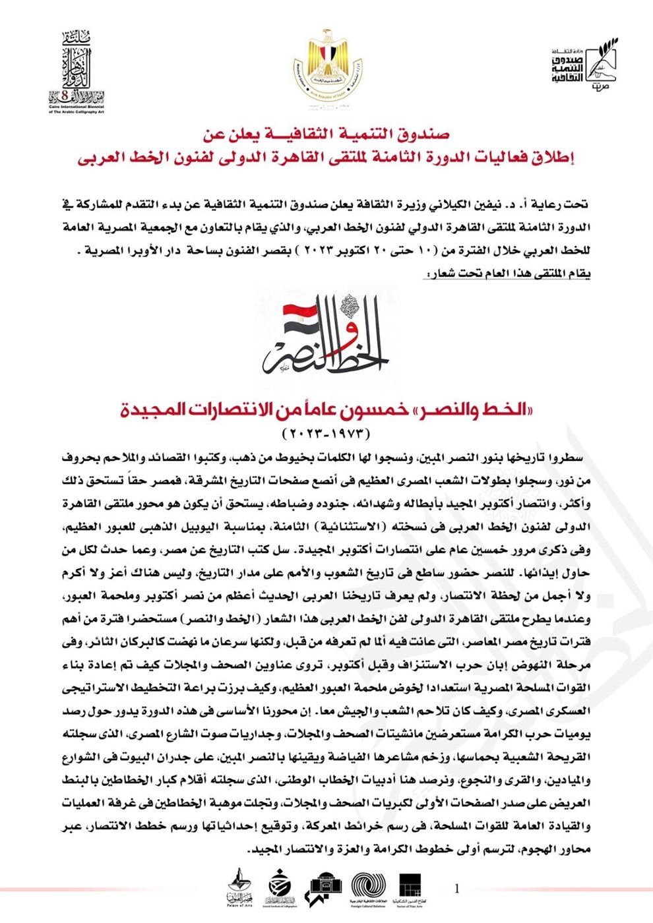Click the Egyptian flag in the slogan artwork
(299, 321)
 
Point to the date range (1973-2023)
(326, 434)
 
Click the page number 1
(457, 889)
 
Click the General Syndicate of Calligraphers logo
(280, 887)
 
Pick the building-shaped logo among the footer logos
(323, 887)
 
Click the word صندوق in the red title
(425, 134)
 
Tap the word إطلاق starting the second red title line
(552, 159)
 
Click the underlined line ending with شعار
(509, 274)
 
